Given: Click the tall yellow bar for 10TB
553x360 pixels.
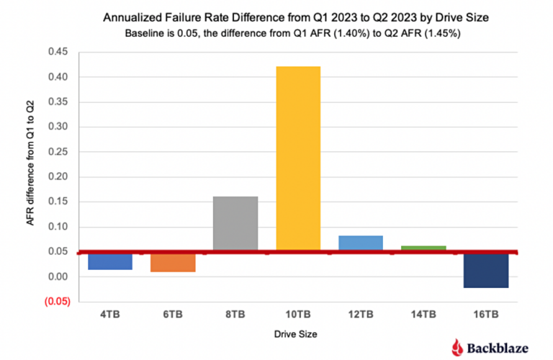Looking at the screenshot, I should pos(298,158).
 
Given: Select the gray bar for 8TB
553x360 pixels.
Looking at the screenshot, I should pos(235,223).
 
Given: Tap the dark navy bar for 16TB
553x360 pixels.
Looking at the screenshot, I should pos(486,271).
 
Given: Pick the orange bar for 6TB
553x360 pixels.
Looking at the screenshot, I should pos(173,263).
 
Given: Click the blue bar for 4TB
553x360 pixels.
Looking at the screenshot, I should pos(110,261).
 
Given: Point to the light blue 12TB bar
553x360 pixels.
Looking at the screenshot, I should pos(361,243).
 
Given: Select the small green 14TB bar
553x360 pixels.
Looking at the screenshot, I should pos(423,248).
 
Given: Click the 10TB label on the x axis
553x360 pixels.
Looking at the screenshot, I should pos(298,315).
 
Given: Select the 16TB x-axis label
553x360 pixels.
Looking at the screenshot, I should pos(486,315).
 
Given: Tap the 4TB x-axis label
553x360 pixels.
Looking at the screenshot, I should pos(110,315).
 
